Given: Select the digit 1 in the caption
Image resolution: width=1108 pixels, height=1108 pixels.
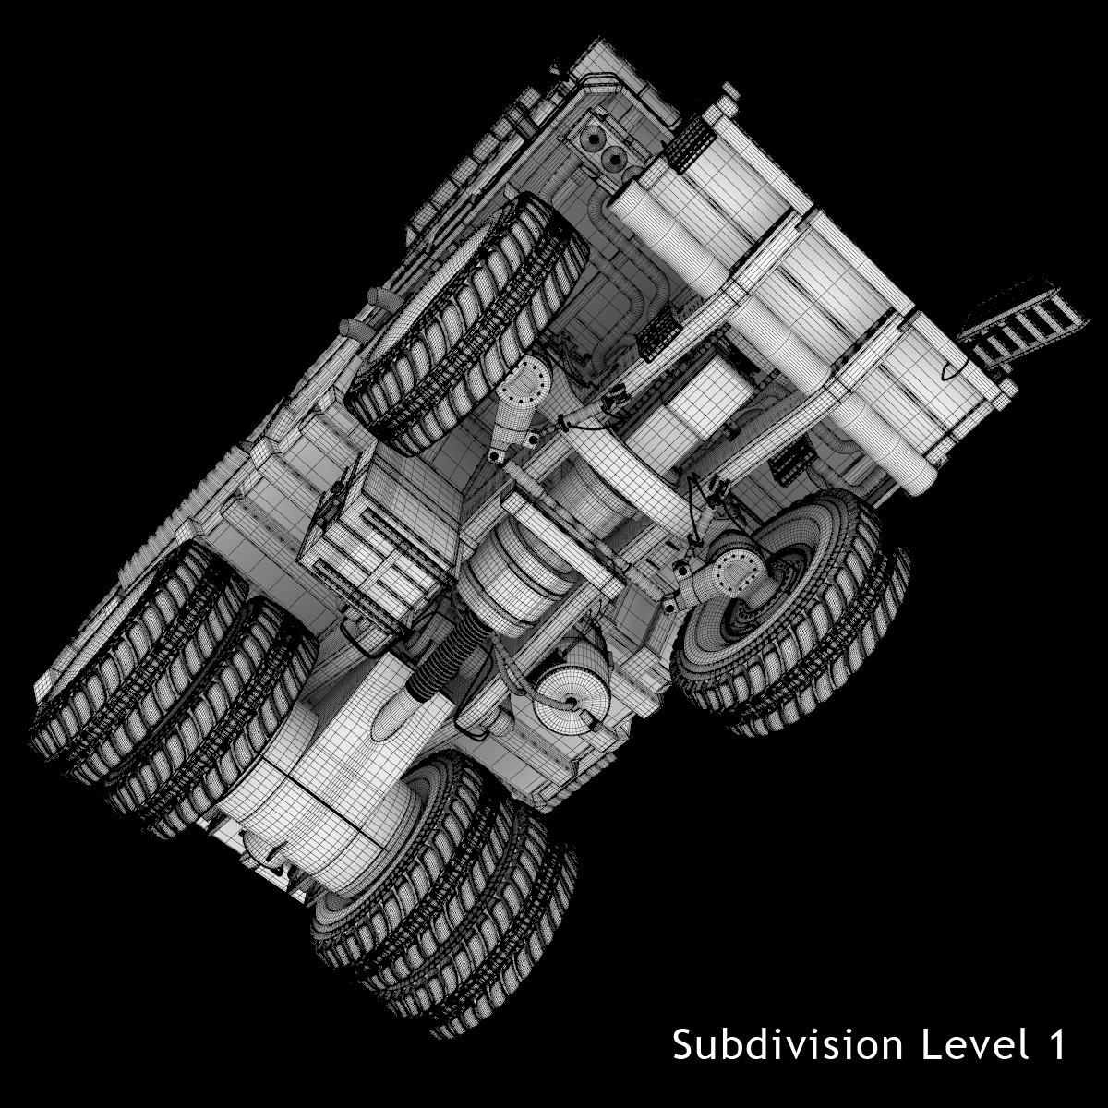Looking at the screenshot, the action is click(x=1053, y=1044).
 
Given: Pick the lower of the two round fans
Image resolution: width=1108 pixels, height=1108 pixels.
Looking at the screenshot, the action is click(x=615, y=159).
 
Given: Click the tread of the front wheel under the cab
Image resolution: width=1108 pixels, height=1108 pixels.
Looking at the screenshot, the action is click(x=465, y=322).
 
